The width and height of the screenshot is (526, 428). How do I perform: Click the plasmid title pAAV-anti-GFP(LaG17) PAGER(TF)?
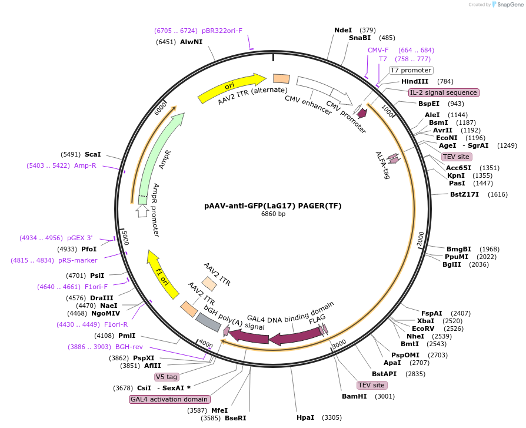[x=272, y=206]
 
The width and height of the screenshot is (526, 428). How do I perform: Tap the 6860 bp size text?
[x=273, y=214]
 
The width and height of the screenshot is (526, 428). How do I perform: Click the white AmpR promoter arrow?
[x=142, y=210]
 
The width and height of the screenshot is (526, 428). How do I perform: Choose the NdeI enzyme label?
[x=342, y=30]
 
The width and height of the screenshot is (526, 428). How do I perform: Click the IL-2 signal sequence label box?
[x=444, y=92]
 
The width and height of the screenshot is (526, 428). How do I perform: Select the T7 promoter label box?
[x=411, y=70]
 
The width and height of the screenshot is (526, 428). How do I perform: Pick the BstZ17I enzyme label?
[x=464, y=194]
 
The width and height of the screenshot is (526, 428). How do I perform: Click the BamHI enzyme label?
[x=354, y=396]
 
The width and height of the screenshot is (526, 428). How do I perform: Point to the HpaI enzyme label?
[x=305, y=417]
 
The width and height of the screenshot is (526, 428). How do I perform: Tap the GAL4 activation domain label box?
[x=169, y=399]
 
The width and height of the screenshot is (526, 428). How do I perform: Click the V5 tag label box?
[x=167, y=377]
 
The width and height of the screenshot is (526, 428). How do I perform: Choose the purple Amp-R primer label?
[x=85, y=166]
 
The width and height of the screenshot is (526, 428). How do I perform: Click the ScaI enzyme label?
[x=93, y=154]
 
